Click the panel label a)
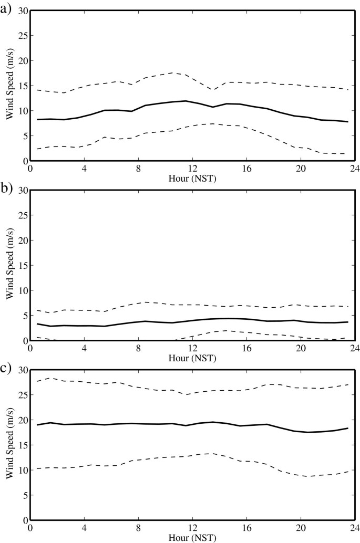(6, 7)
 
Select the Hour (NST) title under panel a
(192, 177)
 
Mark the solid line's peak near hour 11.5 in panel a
(185, 101)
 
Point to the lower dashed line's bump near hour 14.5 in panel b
(226, 330)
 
